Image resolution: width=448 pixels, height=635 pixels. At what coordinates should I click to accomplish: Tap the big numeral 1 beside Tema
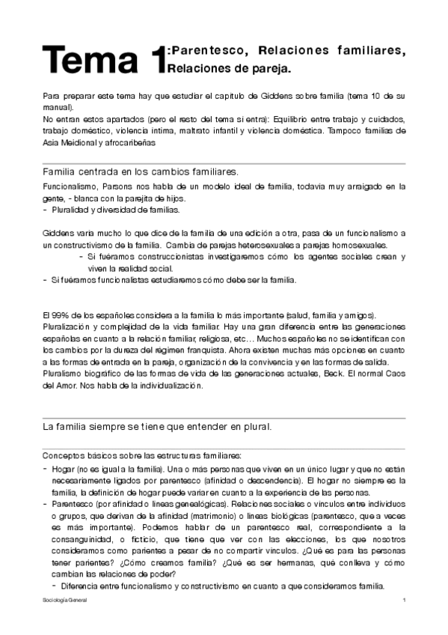click(156, 61)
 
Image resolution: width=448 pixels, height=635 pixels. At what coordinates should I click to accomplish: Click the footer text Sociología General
click(65, 601)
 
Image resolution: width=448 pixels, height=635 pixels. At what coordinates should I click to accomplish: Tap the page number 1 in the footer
click(403, 601)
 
